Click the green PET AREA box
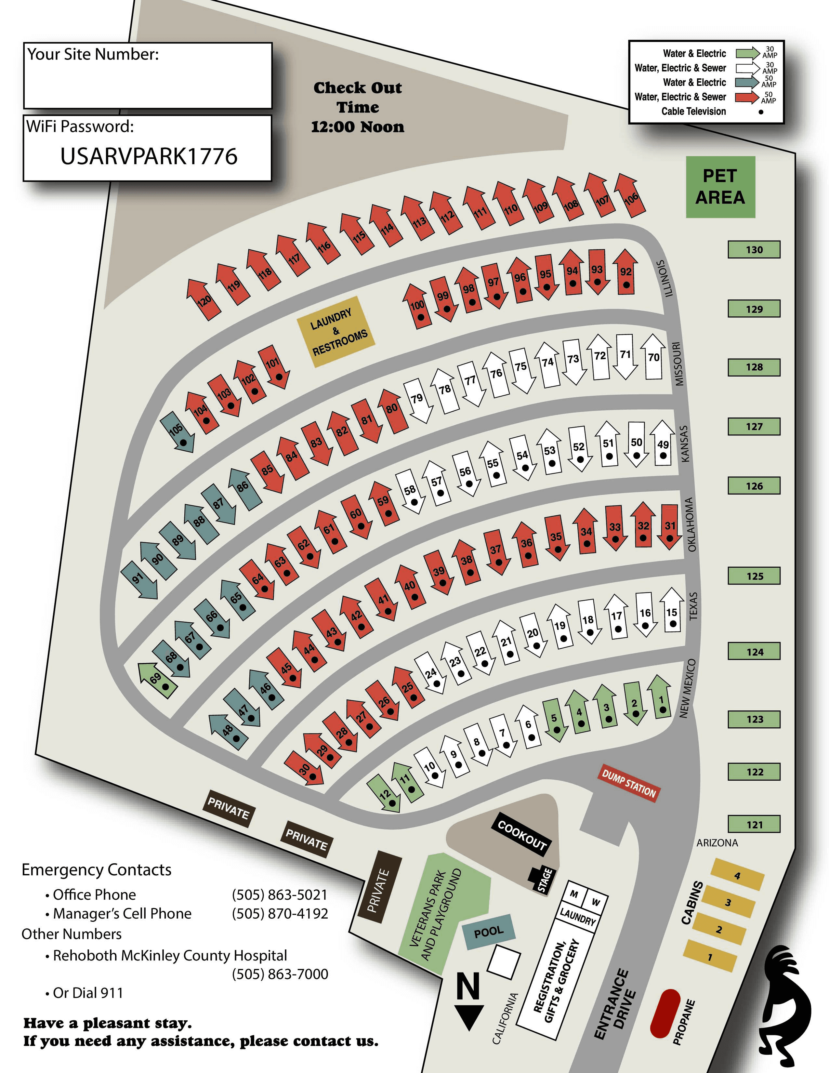(720, 187)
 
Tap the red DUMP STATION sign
(629, 783)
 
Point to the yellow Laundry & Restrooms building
(336, 332)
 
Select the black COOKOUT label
(521, 835)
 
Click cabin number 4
(737, 875)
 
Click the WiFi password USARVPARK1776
(149, 156)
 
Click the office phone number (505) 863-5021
(280, 895)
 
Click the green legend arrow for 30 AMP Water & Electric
(747, 53)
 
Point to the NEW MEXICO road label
(688, 688)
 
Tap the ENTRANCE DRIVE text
(616, 1005)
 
